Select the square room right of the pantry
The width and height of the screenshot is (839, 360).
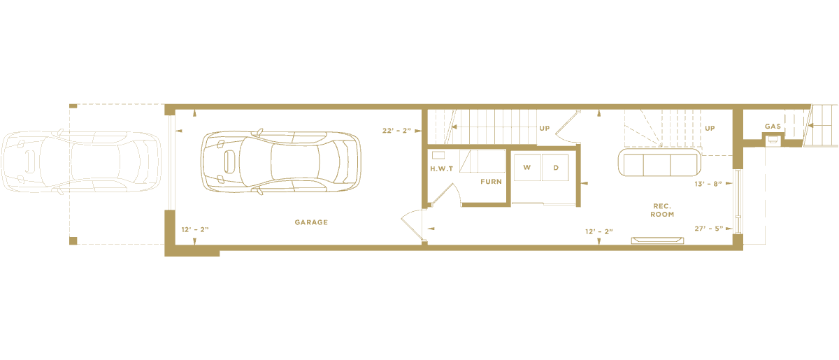(544, 176)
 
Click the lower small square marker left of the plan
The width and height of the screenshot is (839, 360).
(72, 240)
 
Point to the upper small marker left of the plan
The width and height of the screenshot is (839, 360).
(72, 106)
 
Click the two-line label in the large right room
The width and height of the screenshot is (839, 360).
(657, 175)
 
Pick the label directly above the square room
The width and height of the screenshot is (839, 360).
(544, 133)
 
